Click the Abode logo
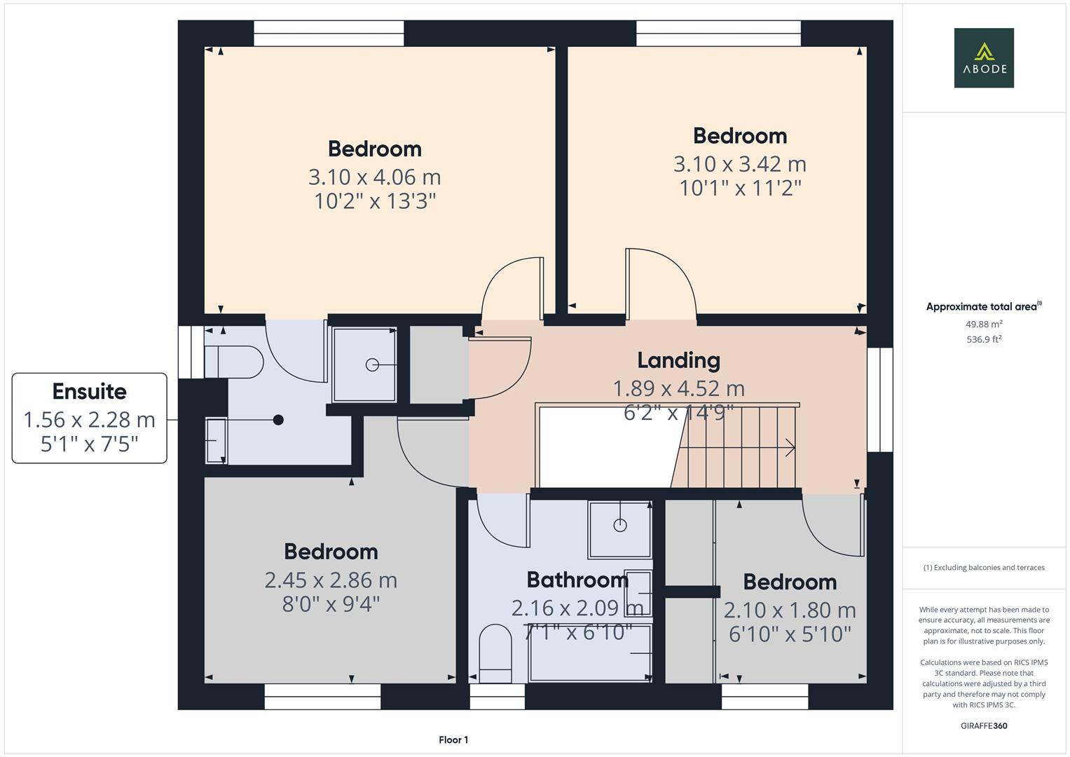tap(983, 58)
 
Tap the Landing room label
tap(678, 360)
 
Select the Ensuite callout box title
tap(90, 391)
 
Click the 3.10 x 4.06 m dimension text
tap(374, 177)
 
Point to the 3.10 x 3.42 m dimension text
tap(739, 164)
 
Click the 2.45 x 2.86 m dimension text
tap(331, 580)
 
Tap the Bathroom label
tap(577, 580)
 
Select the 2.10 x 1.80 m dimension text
tap(790, 611)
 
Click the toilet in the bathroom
tap(495, 653)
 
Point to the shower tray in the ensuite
tap(364, 364)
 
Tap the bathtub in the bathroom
tap(590, 653)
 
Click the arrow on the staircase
tap(789, 447)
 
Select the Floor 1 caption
tap(453, 739)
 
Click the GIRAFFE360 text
tap(983, 725)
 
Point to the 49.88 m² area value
tap(983, 324)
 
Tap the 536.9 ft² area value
tap(983, 339)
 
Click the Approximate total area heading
tap(983, 307)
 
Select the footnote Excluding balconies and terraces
tap(983, 568)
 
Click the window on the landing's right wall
tap(880, 400)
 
